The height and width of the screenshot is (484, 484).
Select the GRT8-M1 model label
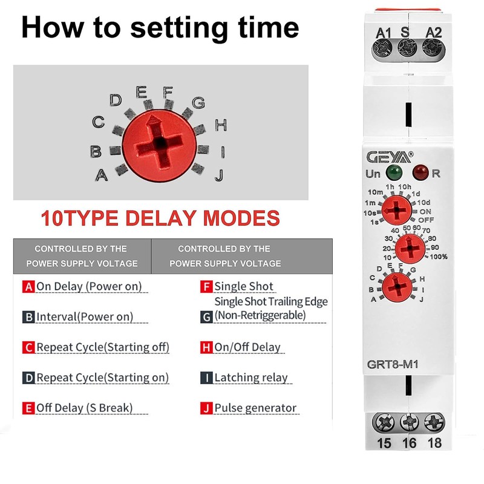[x=393, y=365]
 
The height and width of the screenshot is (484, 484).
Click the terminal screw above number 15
[x=384, y=422]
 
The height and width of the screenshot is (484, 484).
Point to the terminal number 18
[x=434, y=443]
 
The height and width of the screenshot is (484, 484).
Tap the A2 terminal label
[x=434, y=31]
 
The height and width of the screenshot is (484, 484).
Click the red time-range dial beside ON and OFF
[x=397, y=211]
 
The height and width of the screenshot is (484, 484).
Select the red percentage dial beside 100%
[x=410, y=249]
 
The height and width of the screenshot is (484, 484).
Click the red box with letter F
[x=206, y=286]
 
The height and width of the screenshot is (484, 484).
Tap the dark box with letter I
[x=206, y=378]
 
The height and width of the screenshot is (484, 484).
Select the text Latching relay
[x=251, y=378]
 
